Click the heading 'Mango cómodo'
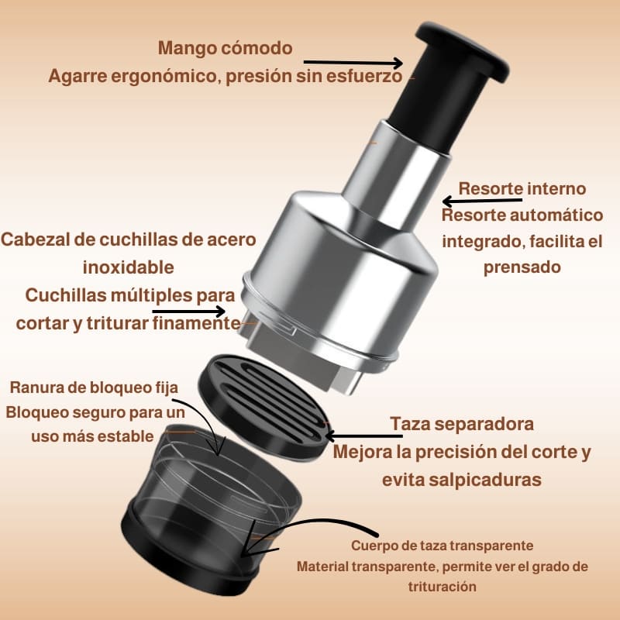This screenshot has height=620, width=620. tap(225, 48)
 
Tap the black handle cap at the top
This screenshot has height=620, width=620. tap(463, 50)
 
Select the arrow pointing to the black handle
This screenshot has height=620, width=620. tap(353, 63)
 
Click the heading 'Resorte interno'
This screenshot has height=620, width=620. tap(522, 188)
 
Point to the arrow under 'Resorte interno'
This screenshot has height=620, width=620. tap(482, 201)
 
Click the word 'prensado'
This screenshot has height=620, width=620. tap(522, 267)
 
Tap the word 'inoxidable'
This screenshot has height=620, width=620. tap(128, 267)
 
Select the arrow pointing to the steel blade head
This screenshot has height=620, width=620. tap(188, 312)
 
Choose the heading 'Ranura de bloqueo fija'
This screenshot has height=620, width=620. tap(94, 387)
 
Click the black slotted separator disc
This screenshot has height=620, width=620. tap(263, 405)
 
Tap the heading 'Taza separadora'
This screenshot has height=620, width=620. tap(462, 424)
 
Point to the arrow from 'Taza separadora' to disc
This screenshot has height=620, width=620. tap(363, 436)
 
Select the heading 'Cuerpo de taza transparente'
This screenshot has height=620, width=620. tap(442, 546)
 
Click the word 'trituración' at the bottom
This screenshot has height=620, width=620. tap(442, 586)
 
